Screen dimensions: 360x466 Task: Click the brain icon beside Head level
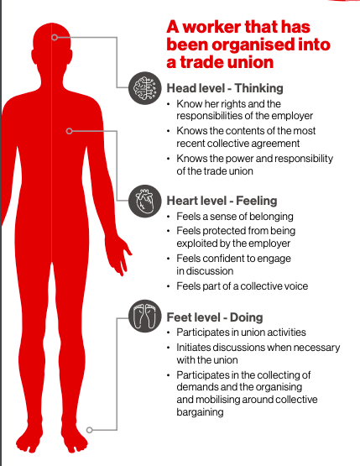145,88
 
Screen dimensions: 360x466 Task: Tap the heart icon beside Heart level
145,201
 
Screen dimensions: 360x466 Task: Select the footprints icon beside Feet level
145,316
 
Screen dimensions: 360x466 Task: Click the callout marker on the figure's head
55,37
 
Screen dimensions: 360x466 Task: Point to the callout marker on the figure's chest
69,131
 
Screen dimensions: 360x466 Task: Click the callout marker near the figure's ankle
90,430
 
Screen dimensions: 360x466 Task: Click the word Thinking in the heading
258,88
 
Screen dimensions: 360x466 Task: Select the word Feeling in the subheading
257,201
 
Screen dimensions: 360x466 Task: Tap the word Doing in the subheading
246,317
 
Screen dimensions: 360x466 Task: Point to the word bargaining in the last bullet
200,412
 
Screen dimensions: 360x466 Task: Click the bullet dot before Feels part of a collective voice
169,286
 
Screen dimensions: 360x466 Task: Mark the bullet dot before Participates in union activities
169,332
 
